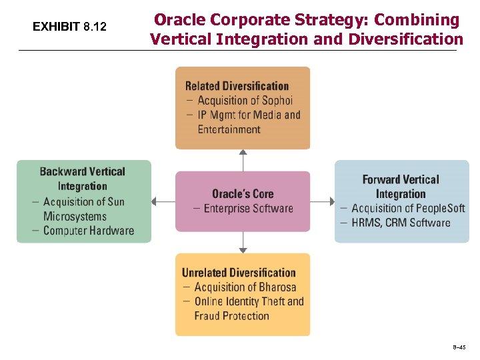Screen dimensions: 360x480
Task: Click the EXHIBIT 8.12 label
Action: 69,27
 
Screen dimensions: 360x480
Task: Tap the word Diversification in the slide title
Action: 404,39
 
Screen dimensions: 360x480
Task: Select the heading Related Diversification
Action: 237,86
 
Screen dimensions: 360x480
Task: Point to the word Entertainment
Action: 229,129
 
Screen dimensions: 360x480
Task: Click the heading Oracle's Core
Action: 242,193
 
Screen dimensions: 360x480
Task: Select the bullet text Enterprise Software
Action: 248,209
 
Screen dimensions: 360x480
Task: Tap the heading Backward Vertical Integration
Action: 83,179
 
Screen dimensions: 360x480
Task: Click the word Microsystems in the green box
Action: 75,216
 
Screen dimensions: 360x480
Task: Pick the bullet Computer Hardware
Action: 88,231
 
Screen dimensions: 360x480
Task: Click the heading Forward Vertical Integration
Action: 401,187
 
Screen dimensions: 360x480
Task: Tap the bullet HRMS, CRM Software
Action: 401,223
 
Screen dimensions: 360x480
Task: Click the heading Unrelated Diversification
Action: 239,273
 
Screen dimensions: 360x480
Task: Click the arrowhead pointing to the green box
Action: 155,201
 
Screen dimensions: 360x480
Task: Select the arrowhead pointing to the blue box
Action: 331,201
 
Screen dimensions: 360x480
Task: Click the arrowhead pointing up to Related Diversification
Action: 243,152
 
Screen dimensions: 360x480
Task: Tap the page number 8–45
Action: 459,347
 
